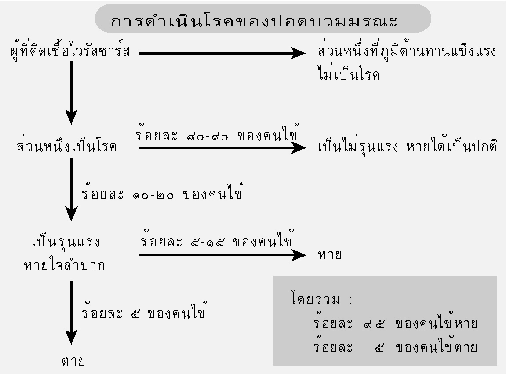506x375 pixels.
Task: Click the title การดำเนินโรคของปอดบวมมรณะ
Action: click(x=254, y=21)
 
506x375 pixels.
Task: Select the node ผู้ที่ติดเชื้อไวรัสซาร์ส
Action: click(x=70, y=52)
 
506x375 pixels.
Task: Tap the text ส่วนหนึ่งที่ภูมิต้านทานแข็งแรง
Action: click(x=407, y=51)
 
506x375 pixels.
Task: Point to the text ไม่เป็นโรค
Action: click(x=349, y=74)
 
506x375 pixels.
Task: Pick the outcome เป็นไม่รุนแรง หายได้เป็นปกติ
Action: click(x=407, y=146)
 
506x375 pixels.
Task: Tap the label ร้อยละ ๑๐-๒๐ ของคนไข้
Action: click(x=162, y=192)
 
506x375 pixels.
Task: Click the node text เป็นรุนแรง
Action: click(x=66, y=242)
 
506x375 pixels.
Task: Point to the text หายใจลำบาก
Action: click(x=64, y=265)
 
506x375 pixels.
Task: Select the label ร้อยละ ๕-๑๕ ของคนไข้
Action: click(x=217, y=240)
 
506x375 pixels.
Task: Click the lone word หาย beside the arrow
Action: click(x=330, y=255)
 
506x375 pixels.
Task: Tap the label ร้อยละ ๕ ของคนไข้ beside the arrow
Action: click(x=144, y=311)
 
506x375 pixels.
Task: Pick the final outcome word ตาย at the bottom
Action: click(x=73, y=361)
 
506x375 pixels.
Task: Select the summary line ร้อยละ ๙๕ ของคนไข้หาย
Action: click(x=395, y=322)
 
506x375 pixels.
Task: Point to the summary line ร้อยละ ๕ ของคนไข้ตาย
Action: click(x=395, y=346)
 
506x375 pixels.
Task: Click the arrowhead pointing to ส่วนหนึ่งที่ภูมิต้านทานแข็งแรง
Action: click(x=298, y=53)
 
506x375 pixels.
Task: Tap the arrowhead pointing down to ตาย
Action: click(x=71, y=337)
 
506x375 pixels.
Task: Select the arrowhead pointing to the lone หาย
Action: click(x=298, y=255)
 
